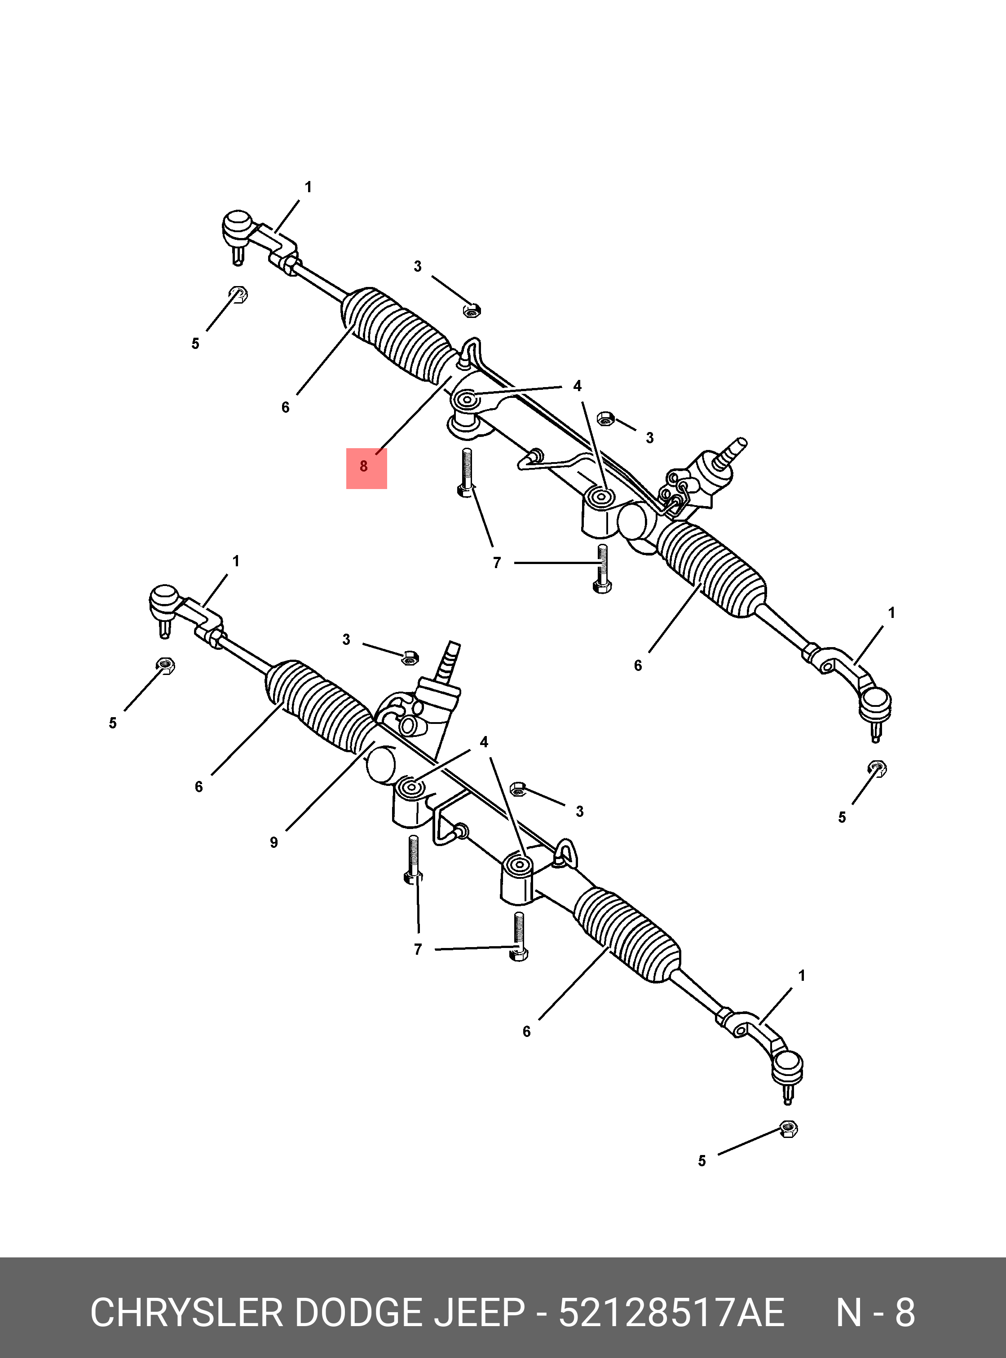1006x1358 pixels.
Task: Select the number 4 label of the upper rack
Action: pos(577,386)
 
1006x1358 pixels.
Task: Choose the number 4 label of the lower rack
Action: pos(484,742)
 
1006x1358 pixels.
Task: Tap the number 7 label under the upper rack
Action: pos(497,563)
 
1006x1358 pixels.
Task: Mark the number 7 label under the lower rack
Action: pos(418,949)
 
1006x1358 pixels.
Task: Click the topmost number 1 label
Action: pos(308,187)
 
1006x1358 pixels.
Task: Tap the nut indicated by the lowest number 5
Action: pos(788,1129)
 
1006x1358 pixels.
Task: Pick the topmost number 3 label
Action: pos(418,266)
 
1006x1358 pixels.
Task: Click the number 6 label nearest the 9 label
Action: pos(199,787)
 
